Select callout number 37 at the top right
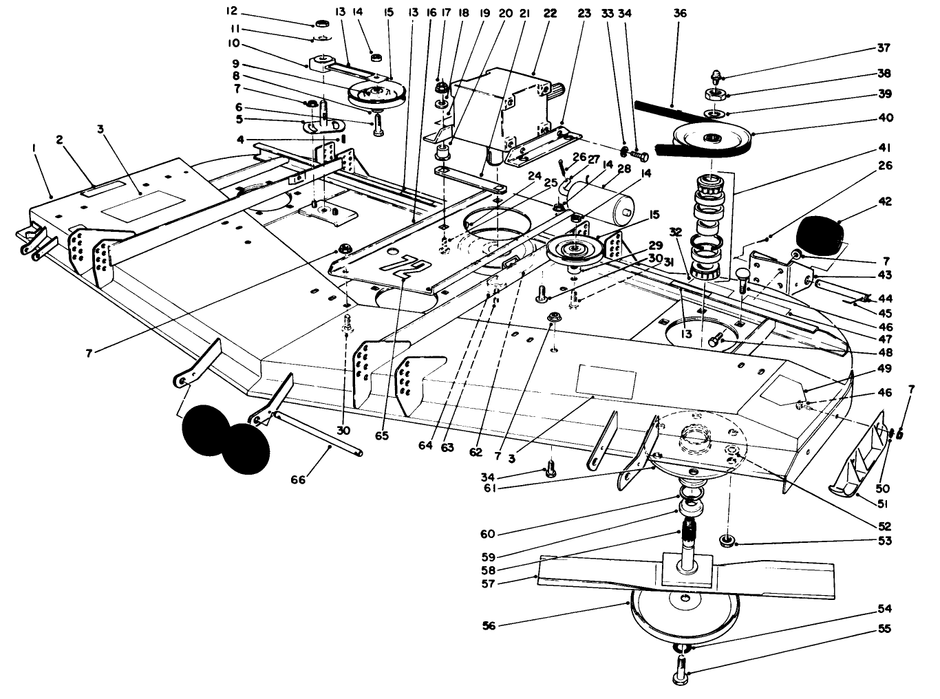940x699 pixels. click(884, 48)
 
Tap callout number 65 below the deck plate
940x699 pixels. click(382, 435)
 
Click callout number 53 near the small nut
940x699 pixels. click(884, 541)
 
